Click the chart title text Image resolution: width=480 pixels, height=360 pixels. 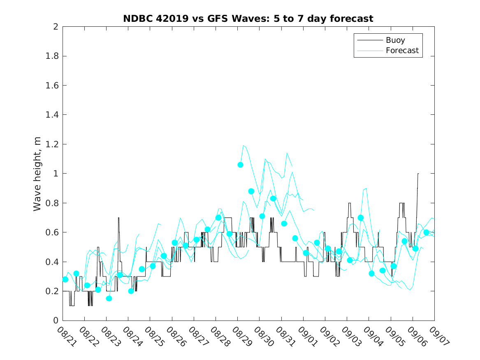248,19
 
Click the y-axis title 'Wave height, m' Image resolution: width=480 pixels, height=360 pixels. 37,174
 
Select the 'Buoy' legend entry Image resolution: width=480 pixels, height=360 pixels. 395,40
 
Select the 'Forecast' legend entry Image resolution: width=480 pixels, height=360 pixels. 402,51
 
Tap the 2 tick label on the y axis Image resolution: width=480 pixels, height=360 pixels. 56,27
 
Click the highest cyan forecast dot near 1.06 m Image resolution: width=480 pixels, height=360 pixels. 240,165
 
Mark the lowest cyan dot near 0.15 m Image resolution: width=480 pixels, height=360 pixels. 109,298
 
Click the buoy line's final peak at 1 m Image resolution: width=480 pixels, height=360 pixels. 418,174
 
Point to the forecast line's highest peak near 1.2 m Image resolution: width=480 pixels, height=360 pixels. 243,145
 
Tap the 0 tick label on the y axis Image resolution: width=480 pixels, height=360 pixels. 56,321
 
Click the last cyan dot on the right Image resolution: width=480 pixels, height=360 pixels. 426,232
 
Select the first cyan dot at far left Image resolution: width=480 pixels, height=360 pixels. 65,279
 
